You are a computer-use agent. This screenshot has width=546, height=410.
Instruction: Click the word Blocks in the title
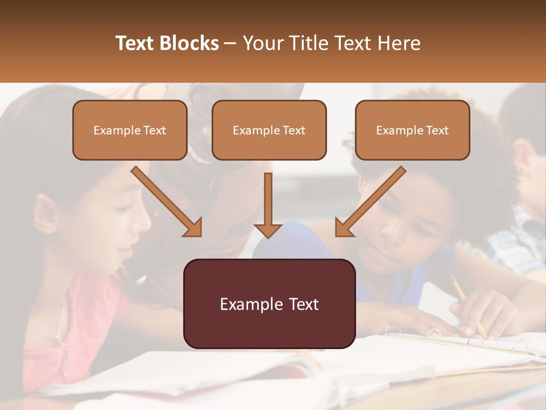coord(191,43)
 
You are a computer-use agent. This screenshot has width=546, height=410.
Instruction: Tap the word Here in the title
coord(400,43)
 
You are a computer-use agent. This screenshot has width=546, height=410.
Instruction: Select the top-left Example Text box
coord(130,130)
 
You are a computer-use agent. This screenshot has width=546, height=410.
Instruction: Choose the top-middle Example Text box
coord(269,130)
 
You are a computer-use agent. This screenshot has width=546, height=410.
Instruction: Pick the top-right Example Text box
coord(412,130)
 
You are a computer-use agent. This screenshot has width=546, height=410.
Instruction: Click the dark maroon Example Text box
coord(269,304)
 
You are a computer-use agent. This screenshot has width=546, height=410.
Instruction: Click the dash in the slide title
coord(231,43)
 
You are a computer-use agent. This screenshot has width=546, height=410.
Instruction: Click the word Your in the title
coord(262,43)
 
